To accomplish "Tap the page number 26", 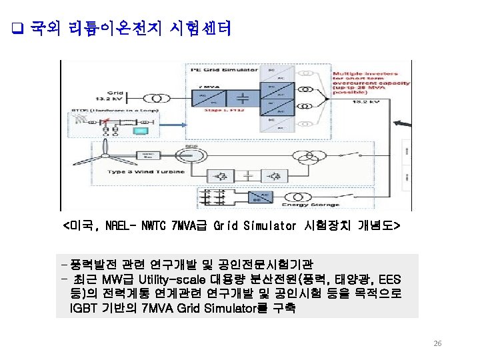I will (437, 343).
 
